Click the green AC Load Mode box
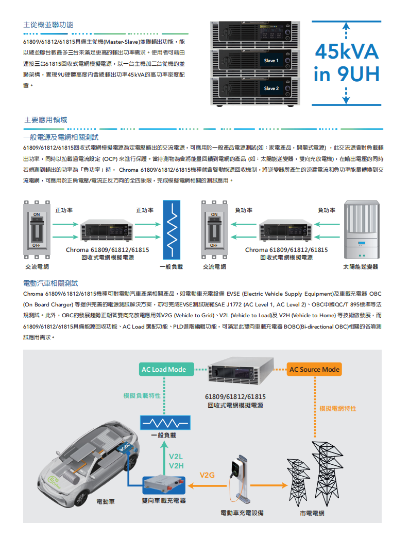(164, 370)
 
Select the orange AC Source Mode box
(314, 370)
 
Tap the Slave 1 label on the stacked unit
(271, 61)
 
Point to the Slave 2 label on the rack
(271, 88)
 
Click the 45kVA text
(347, 52)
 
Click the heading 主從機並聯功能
(48, 25)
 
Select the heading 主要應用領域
(45, 120)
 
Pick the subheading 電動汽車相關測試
(50, 283)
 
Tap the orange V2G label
(207, 475)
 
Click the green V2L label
(176, 457)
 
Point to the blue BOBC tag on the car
(125, 447)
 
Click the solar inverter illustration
(362, 229)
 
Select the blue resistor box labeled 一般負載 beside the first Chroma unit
(172, 230)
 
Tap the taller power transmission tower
(327, 473)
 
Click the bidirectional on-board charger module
(164, 485)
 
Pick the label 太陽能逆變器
(361, 267)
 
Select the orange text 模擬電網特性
(338, 408)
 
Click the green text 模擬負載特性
(142, 395)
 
